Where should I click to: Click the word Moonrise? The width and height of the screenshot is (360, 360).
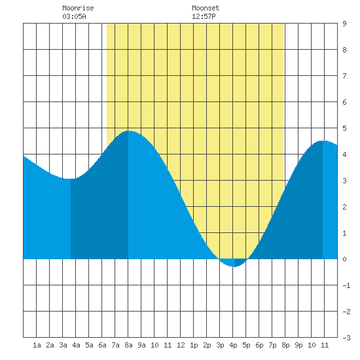click(x=78, y=8)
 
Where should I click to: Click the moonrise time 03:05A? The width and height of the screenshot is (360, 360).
click(x=74, y=16)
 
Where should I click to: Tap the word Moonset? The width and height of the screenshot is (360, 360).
click(x=206, y=8)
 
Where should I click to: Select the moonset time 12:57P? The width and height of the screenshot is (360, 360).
click(x=204, y=16)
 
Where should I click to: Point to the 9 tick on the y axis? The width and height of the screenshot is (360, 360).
click(x=344, y=24)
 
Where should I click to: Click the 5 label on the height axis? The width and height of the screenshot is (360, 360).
click(x=344, y=128)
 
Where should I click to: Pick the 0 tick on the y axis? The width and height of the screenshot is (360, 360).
click(x=344, y=259)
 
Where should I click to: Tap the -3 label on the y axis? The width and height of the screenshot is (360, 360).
click(x=346, y=338)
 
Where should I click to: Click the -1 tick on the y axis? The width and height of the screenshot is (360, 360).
click(x=346, y=285)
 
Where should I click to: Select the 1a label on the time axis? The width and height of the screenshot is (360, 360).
click(x=37, y=345)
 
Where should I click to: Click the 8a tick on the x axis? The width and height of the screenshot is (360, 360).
click(x=128, y=345)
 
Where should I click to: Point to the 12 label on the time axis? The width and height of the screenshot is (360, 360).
click(x=181, y=345)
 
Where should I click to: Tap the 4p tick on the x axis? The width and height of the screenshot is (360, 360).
click(x=233, y=345)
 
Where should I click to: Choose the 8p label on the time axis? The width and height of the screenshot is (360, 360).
click(x=285, y=345)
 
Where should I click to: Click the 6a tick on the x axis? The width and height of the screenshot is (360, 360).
click(x=102, y=345)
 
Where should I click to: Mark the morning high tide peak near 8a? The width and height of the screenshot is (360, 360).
click(x=129, y=131)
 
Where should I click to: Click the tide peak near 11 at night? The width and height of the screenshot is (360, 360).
click(x=323, y=141)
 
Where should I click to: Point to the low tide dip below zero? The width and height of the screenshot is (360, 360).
click(x=234, y=266)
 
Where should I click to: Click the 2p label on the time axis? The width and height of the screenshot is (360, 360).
click(x=207, y=345)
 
